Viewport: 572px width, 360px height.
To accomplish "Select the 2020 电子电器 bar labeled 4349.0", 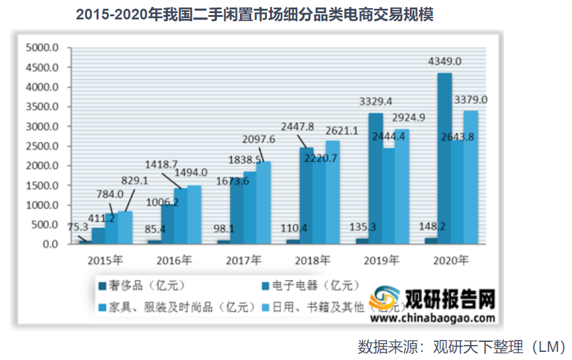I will [x=444, y=157].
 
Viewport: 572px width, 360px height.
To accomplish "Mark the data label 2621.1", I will [x=341, y=130].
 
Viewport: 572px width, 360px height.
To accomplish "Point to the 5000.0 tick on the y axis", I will [x=41, y=48].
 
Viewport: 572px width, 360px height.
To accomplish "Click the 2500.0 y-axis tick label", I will [x=41, y=146].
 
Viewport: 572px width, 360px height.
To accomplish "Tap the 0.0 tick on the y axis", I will [x=50, y=244].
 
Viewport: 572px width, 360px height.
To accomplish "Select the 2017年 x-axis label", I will [x=244, y=259].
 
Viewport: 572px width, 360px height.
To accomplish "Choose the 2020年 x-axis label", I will [x=451, y=259].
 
